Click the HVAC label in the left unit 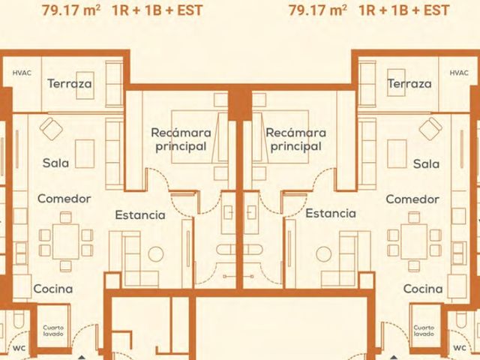pos(22,73)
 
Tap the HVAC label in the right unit pos(459,73)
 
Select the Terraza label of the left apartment pos(70,83)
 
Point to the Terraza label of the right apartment pos(409,83)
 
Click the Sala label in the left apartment pos(55,163)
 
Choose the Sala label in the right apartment pos(426,163)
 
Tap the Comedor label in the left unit pos(64,199)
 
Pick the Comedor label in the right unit pos(412,199)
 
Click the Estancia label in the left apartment pos(140,215)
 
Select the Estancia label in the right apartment pos(331,213)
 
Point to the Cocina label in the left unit pos(53,289)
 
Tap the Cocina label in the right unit pos(423,289)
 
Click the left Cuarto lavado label pos(53,331)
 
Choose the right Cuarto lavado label pos(424,331)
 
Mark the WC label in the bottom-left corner pos(19,348)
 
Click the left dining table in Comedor pos(66,241)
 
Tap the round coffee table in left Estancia pos(156,254)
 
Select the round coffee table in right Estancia pos(323,254)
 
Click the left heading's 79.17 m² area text pos(71,10)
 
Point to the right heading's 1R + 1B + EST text pos(404,10)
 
